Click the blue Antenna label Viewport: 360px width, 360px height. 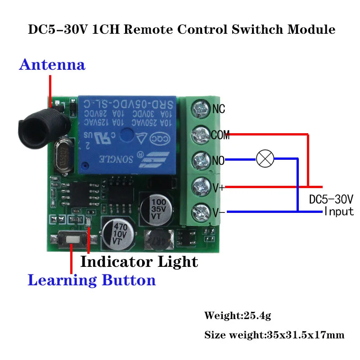point(52,65)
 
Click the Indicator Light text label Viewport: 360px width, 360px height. point(139,261)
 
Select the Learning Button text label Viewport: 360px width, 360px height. point(92,280)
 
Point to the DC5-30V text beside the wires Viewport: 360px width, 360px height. point(331,198)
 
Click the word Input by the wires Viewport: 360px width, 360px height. point(339,211)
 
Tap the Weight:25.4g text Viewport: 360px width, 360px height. point(238,315)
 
